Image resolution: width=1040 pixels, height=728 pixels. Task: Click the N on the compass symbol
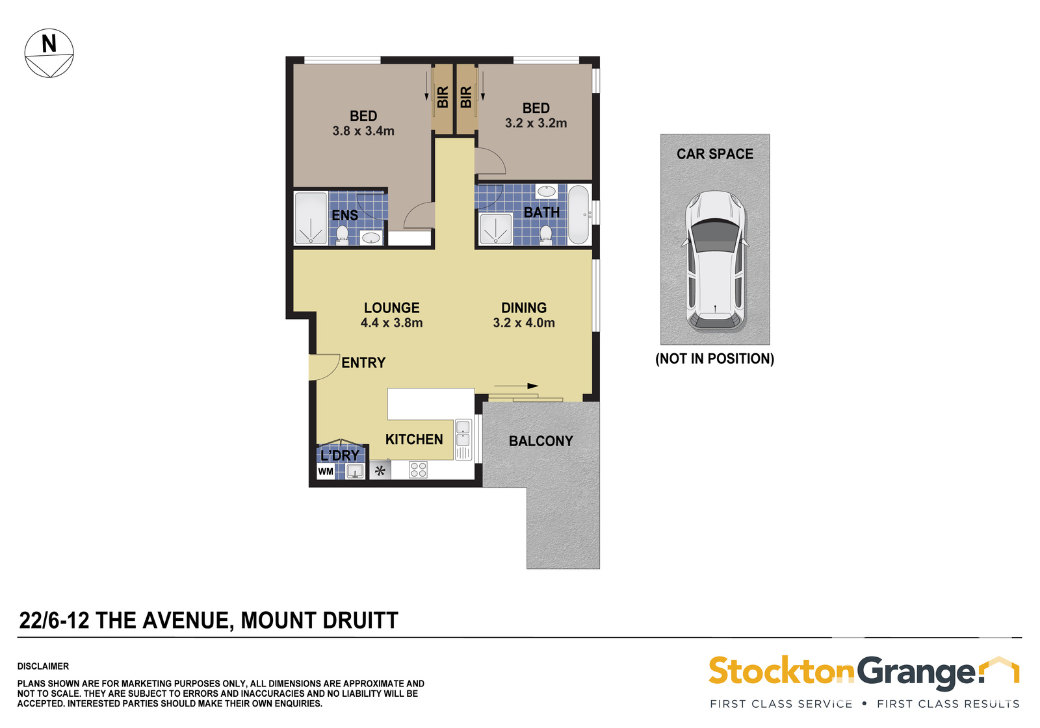click(x=49, y=44)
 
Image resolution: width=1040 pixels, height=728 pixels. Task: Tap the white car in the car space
click(x=714, y=261)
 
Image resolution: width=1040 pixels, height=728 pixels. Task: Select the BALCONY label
click(x=541, y=441)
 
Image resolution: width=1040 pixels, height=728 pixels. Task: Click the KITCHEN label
click(x=414, y=440)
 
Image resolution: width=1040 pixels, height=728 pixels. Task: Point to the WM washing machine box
click(x=326, y=471)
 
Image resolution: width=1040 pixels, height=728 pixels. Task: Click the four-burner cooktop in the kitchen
click(x=418, y=470)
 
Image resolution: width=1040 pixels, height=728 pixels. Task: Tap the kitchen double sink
click(x=463, y=433)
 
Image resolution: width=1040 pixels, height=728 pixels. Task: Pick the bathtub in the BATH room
click(x=578, y=215)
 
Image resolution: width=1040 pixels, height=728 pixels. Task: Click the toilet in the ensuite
click(x=342, y=235)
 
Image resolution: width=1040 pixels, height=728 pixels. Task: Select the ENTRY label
click(x=363, y=363)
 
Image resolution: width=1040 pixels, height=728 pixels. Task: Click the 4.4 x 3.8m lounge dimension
click(x=391, y=323)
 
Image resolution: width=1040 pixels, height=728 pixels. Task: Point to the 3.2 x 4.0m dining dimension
click(x=524, y=323)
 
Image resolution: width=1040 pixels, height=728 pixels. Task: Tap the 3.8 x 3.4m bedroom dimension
click(x=363, y=131)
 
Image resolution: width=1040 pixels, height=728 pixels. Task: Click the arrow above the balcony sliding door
click(x=516, y=386)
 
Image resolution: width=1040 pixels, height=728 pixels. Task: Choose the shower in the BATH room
click(x=495, y=229)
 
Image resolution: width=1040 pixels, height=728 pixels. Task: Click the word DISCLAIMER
click(x=43, y=666)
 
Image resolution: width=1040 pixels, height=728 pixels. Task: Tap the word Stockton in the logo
click(x=781, y=671)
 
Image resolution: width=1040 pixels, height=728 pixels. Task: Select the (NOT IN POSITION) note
click(x=714, y=358)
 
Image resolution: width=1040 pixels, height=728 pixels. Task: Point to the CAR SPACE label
click(x=714, y=154)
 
